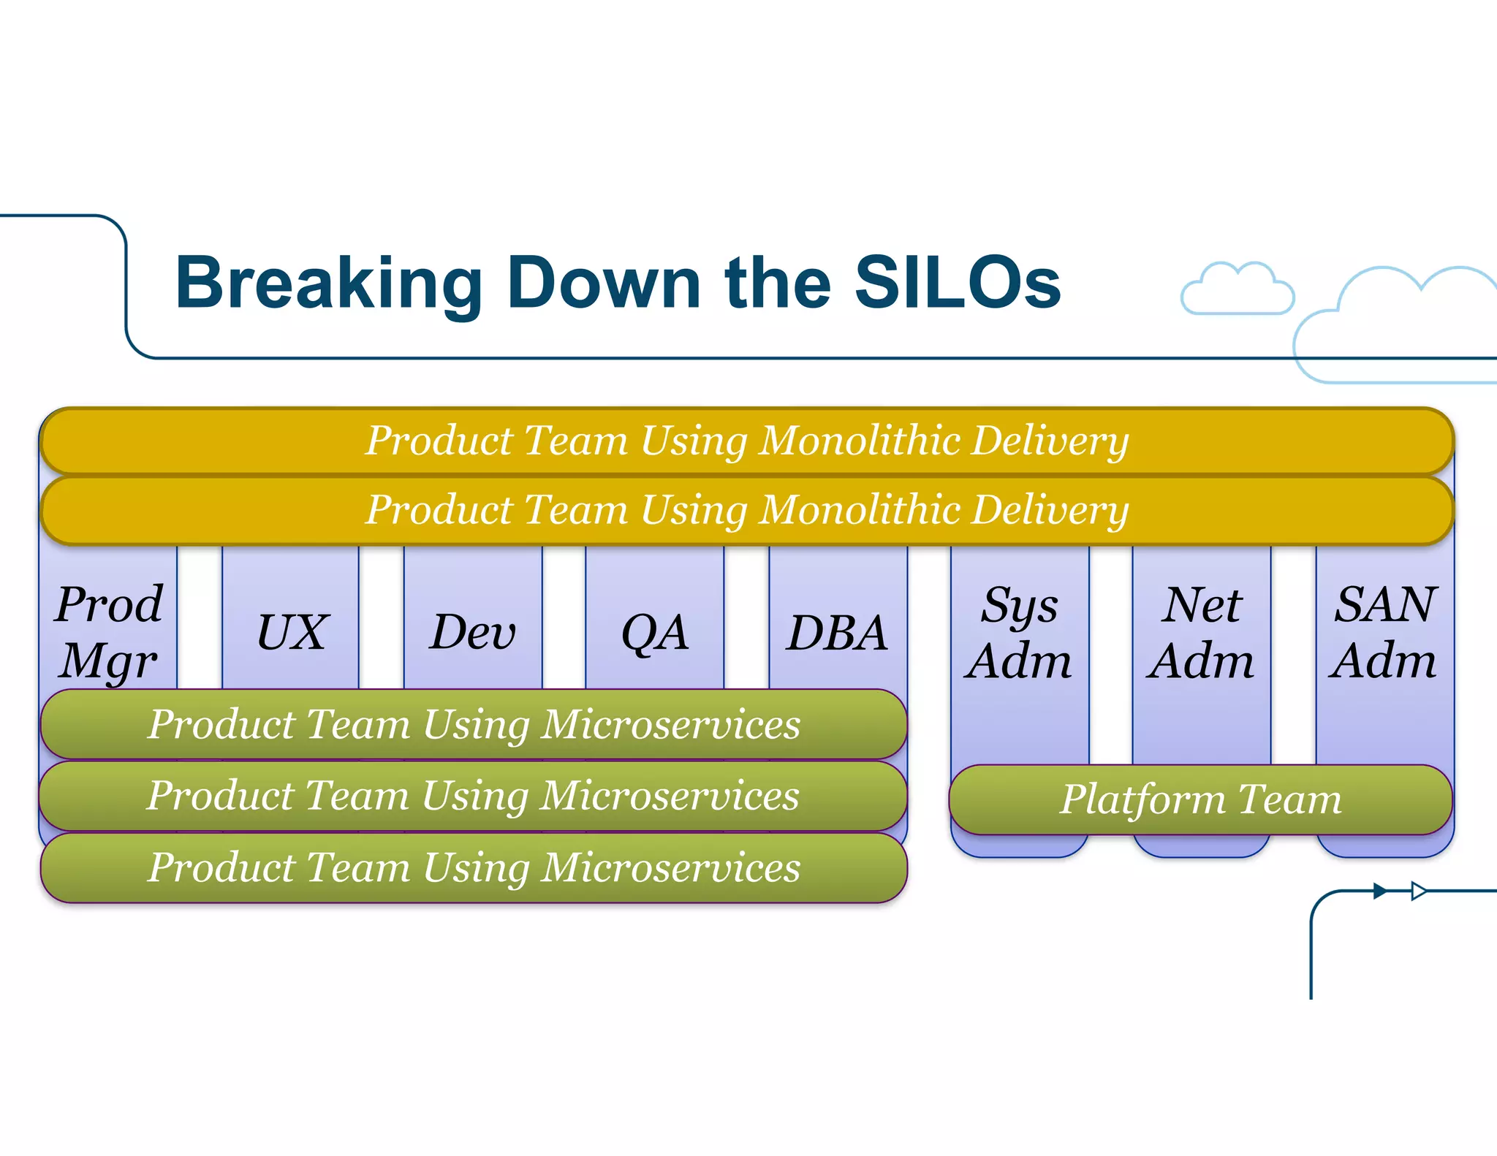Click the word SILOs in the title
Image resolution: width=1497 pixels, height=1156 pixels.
pyautogui.click(x=958, y=283)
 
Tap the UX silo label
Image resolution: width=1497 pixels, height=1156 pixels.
pyautogui.click(x=291, y=632)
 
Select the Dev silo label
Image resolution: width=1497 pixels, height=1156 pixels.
pyautogui.click(x=473, y=632)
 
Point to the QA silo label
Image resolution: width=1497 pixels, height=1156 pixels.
pyautogui.click(x=654, y=632)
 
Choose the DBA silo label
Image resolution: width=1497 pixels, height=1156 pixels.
pyautogui.click(x=838, y=632)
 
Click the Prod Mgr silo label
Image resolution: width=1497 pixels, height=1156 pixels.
pyautogui.click(x=109, y=632)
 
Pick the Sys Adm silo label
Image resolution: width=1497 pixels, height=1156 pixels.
pyautogui.click(x=1019, y=633)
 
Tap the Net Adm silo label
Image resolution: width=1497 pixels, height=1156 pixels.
pyautogui.click(x=1201, y=633)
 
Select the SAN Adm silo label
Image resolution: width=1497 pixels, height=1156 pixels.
pyautogui.click(x=1384, y=633)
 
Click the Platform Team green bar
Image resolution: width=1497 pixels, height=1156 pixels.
pyautogui.click(x=1200, y=799)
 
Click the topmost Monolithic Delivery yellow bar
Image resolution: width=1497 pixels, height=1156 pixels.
pyautogui.click(x=747, y=441)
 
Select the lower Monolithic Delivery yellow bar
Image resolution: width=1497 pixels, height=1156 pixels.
pyautogui.click(x=747, y=509)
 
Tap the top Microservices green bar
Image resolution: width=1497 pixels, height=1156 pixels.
pyautogui.click(x=474, y=724)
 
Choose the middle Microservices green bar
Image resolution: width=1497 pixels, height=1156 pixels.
pyautogui.click(x=474, y=795)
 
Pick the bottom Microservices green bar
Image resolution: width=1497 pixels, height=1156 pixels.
pyautogui.click(x=474, y=867)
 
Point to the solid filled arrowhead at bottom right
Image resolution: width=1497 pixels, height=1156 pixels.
pyautogui.click(x=1379, y=891)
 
